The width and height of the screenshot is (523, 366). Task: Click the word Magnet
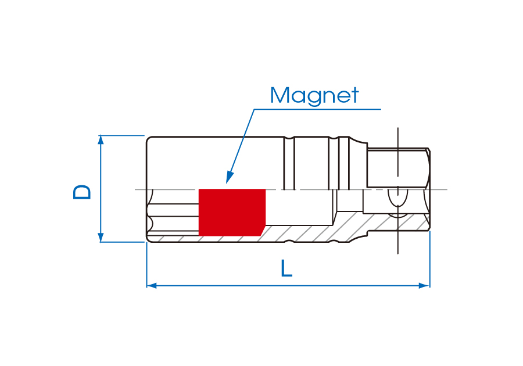314,95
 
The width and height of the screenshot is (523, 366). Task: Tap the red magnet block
231,212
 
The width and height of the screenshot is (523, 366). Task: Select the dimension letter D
83,192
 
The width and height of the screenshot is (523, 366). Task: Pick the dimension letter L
286,268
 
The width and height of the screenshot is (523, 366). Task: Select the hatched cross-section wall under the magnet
232,239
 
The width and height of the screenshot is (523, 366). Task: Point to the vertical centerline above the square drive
397,137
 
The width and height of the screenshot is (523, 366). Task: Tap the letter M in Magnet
280,95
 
